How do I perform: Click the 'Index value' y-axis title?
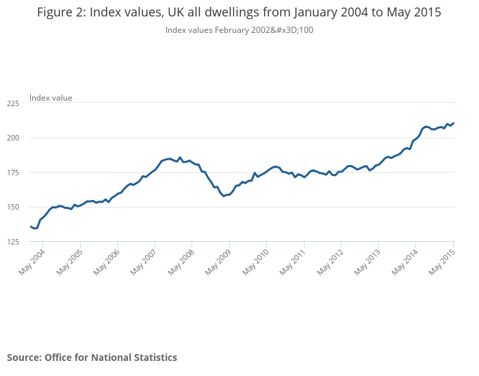(51, 98)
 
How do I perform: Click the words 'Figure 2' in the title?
(61, 12)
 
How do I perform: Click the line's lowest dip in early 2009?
(224, 196)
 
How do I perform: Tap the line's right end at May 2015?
(454, 123)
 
